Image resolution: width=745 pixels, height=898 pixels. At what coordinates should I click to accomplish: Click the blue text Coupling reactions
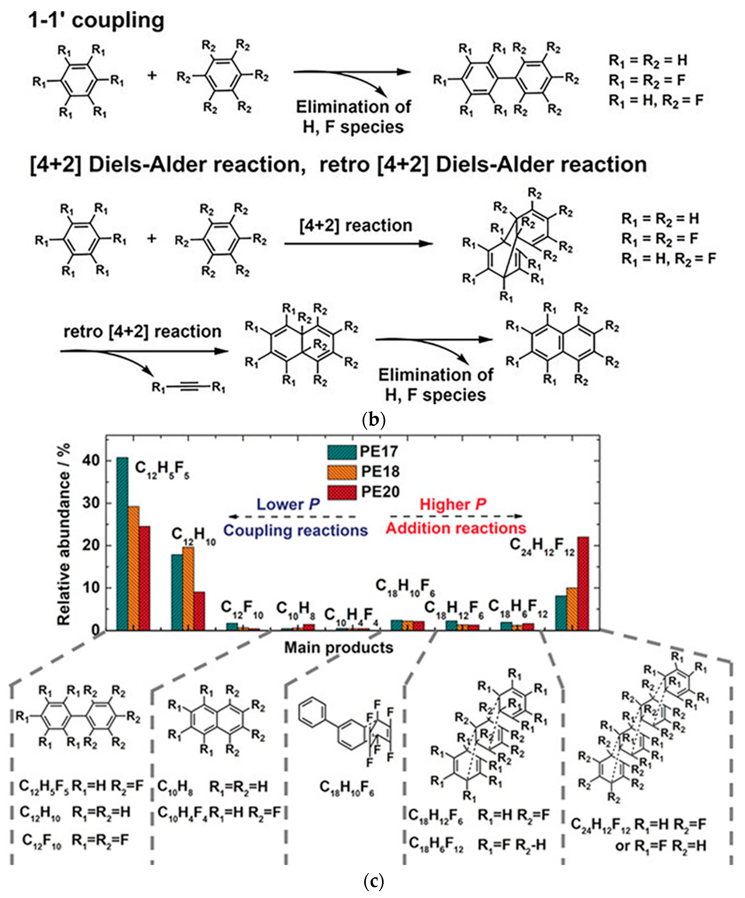pyautogui.click(x=295, y=530)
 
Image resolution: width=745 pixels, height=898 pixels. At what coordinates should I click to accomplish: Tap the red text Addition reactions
pyautogui.click(x=456, y=529)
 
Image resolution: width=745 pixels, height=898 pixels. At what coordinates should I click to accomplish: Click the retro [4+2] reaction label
pyautogui.click(x=143, y=331)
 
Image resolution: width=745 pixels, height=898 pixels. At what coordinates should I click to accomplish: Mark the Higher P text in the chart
pyautogui.click(x=453, y=505)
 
